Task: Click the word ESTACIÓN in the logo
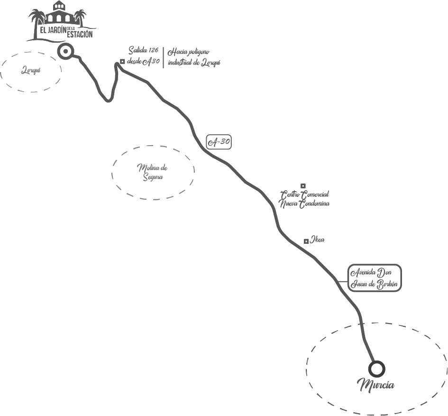tap(80, 35)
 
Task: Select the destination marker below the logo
tap(64, 52)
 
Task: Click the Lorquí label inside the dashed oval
tap(30, 71)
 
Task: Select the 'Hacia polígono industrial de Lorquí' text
tap(194, 56)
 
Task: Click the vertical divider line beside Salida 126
tap(164, 57)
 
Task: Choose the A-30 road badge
tap(219, 142)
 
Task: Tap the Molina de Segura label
tap(153, 172)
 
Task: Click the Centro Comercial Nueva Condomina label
tap(304, 199)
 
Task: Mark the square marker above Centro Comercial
tap(303, 186)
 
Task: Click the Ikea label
tap(318, 240)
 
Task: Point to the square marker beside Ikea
tap(306, 241)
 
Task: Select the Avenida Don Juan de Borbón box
tap(374, 278)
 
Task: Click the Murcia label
tap(376, 385)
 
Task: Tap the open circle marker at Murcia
tap(376, 369)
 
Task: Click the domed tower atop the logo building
tap(58, 6)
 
